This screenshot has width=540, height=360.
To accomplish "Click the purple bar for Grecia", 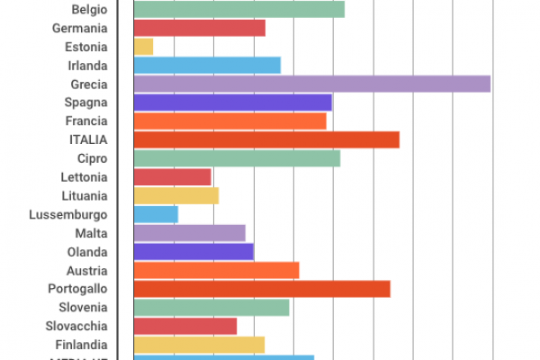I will click(311, 84).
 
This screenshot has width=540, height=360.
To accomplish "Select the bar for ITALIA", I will click(265, 139).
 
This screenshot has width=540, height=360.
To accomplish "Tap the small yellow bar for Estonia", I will click(143, 47).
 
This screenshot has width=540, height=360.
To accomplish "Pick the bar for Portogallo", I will click(261, 289).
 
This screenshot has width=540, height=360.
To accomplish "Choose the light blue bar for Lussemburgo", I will click(156, 214).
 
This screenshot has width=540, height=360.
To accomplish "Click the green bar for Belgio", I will click(238, 10).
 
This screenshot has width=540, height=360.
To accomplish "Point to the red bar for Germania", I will click(199, 28).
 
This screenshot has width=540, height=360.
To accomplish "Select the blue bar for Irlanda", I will click(207, 65).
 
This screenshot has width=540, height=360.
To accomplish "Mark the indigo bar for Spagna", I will click(232, 103).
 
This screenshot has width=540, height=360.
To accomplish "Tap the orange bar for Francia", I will click(229, 121).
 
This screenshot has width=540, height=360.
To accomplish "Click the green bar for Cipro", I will click(237, 158).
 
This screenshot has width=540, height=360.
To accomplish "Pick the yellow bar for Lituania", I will click(175, 195).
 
